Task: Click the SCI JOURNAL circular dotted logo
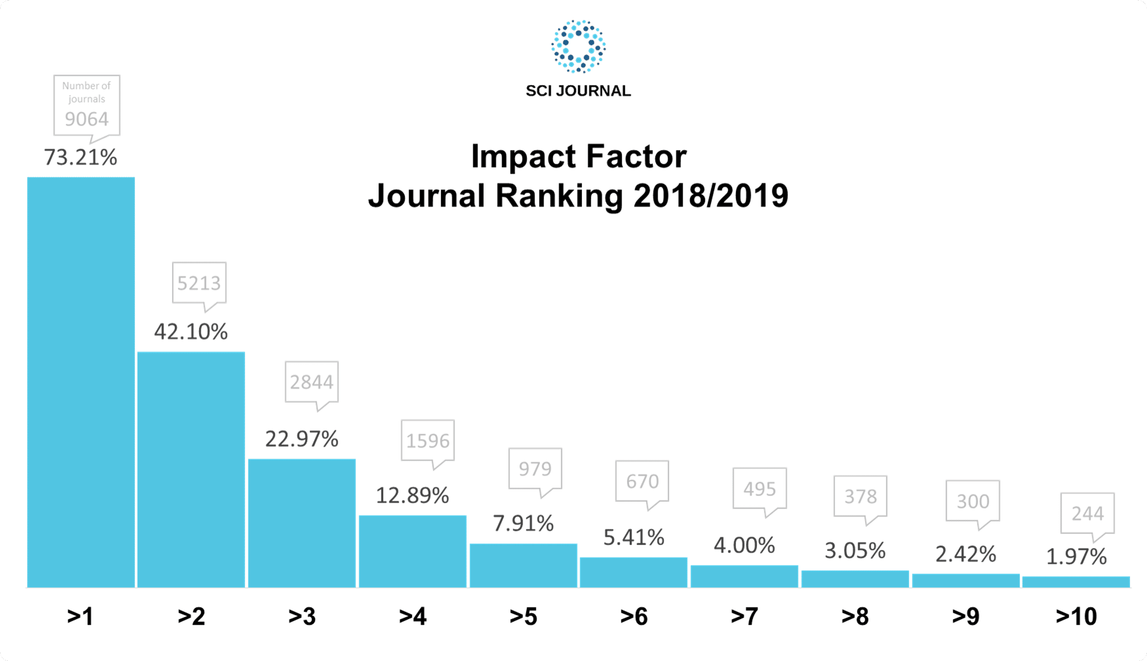[x=578, y=47]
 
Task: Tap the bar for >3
[x=302, y=523]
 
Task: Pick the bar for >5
[x=523, y=566]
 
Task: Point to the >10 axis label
[x=1076, y=616]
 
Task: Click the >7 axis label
[x=744, y=616]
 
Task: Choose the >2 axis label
[x=191, y=616]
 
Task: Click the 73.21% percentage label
[x=81, y=157]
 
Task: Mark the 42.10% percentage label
[x=191, y=332]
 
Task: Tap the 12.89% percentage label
[x=412, y=496]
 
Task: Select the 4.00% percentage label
[x=744, y=546]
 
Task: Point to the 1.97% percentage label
[x=1076, y=557]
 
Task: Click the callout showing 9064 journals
[x=86, y=106]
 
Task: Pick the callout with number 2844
[x=311, y=382]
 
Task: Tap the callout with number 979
[x=535, y=469]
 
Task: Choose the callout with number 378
[x=860, y=497]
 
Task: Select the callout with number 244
[x=1087, y=514]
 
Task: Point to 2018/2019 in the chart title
[x=710, y=196]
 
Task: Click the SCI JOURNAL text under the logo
[x=578, y=91]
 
